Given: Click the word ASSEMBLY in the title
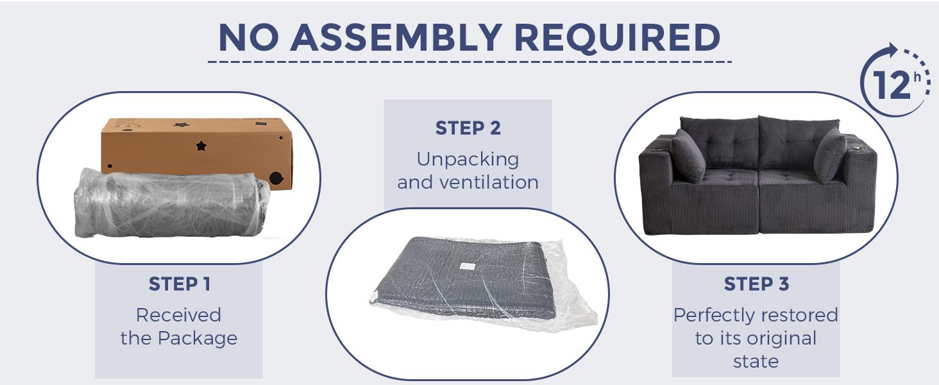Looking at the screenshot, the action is pyautogui.click(x=396, y=38).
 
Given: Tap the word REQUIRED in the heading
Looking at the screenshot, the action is pyautogui.click(x=617, y=38).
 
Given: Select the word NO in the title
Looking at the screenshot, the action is pyautogui.click(x=248, y=38).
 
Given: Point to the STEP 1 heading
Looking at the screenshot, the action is pyautogui.click(x=180, y=284).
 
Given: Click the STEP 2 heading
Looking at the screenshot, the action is pyautogui.click(x=468, y=128).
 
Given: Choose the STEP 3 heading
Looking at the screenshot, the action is pyautogui.click(x=756, y=284).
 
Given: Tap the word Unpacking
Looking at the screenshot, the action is pyautogui.click(x=468, y=160).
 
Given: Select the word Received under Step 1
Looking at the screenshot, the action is pyautogui.click(x=178, y=315).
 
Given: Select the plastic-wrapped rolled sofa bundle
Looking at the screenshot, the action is pyautogui.click(x=172, y=203).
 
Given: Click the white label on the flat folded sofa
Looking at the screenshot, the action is pyautogui.click(x=466, y=266).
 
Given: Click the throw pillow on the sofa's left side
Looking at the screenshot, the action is pyautogui.click(x=688, y=155).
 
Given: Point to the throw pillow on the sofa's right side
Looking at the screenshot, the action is pyautogui.click(x=830, y=155).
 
